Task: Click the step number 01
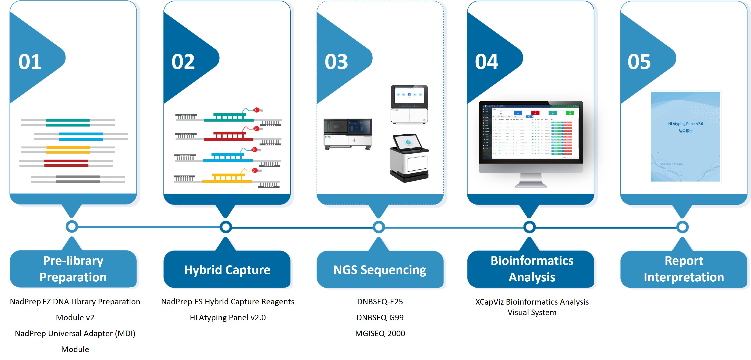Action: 30,62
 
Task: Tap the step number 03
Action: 336,62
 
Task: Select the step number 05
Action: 639,62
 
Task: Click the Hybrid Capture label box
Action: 227,270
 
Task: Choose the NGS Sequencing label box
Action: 380,270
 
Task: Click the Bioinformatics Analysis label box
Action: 531,269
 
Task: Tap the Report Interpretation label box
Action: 684,269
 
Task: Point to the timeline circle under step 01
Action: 72,226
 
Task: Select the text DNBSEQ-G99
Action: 380,317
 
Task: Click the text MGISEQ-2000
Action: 380,333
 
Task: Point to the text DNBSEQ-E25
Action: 380,302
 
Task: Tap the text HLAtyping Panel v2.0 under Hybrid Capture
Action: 228,317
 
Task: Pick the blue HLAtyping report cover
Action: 685,136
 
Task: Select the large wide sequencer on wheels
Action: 348,134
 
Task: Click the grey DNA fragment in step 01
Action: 78,179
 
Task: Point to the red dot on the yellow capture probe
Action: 255,171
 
